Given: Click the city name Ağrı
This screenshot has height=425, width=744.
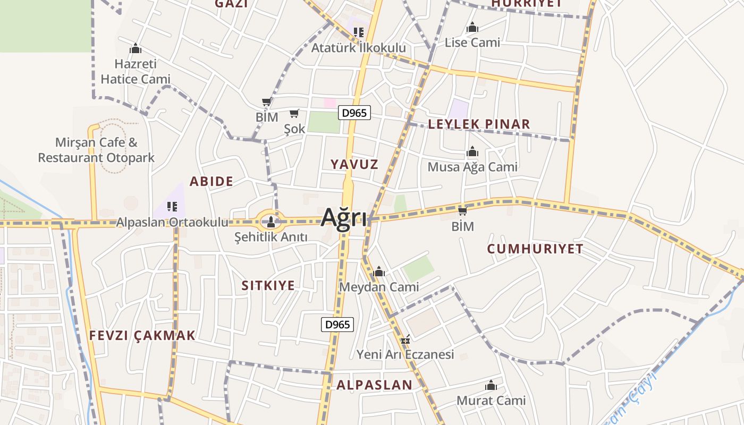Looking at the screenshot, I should coord(344,217).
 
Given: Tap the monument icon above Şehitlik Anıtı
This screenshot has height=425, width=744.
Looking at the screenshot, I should coord(270,221).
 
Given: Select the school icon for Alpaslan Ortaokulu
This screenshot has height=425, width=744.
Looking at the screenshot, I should coord(172,206).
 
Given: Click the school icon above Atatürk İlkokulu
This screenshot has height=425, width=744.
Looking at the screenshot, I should coord(359,32).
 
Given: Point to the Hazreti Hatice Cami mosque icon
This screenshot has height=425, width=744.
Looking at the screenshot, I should coord(136,49).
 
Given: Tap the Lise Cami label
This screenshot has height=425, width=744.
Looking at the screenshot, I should coord(472,42).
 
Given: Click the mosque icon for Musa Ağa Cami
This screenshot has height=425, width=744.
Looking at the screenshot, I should coord(472,152).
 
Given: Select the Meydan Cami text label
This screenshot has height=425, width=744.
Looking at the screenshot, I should coord(379,287).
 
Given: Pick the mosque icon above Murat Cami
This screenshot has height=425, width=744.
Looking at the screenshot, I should coord(491,385).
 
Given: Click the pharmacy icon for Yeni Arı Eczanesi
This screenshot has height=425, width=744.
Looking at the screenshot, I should coord(405,339).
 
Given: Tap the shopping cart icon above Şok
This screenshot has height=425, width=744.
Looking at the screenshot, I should coord(294,114).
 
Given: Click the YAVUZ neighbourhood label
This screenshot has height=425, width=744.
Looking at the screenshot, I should coord(354,164).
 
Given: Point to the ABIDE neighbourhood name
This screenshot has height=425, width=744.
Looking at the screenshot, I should coord(212,181).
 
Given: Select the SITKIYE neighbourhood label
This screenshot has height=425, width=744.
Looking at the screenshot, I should coord(268,285).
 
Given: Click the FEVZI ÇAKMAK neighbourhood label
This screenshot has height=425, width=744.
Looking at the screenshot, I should coord(142,335).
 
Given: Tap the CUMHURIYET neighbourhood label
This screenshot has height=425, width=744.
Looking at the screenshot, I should coord(535,248).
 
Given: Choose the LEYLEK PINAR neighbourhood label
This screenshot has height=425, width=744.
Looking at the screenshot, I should coord(479,124).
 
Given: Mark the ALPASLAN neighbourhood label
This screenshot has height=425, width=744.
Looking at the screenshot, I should coord(374,385).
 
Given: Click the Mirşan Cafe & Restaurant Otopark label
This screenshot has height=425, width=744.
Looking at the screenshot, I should coord(96,150).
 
